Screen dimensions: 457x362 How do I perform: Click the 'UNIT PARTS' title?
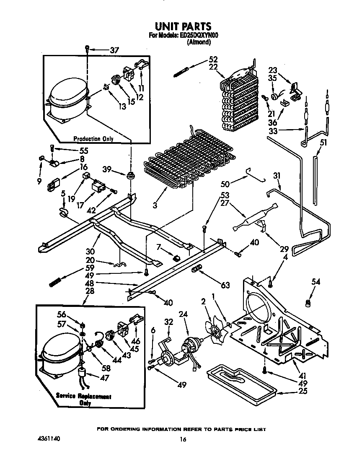181,27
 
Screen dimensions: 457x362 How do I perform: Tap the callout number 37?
114,50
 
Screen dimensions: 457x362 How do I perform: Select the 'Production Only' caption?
93,139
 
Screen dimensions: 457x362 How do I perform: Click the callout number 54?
315,282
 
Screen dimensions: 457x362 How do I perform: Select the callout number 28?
89,291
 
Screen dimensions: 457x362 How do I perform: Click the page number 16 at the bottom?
182,439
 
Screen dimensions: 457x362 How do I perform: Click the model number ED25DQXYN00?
199,36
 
